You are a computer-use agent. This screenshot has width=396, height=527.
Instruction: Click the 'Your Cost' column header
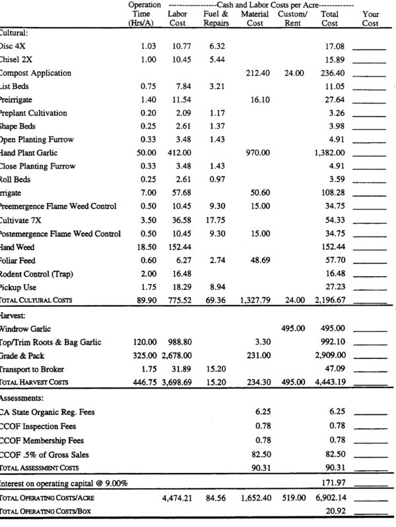coord(371,18)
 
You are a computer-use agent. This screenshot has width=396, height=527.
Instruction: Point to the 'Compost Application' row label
coord(36,73)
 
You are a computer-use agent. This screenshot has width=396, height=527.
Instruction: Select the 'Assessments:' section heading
coord(24,399)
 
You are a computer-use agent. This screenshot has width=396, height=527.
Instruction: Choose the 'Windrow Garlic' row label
coord(26,328)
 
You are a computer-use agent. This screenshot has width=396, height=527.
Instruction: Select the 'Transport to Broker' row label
coord(32,369)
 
